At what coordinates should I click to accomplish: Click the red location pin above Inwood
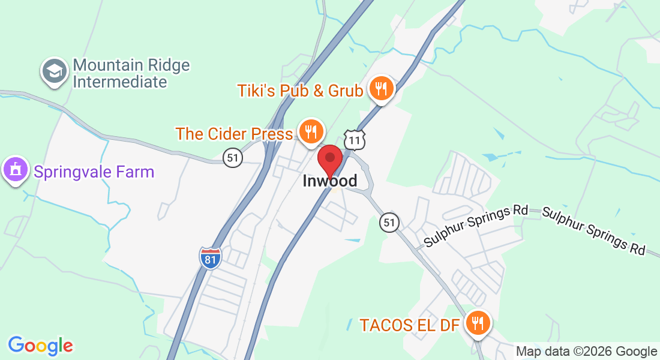[x=329, y=159]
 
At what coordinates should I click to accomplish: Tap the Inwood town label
[x=329, y=181]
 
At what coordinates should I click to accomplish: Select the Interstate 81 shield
[x=210, y=257]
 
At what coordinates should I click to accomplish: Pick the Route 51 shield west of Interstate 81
[x=233, y=158]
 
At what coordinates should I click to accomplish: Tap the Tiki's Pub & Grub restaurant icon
[x=380, y=89]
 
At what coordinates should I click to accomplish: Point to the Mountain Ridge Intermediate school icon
[x=55, y=72]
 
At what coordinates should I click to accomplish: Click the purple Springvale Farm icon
[x=16, y=170]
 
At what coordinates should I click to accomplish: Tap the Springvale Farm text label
[x=94, y=172]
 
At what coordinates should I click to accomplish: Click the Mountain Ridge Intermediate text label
[x=131, y=73]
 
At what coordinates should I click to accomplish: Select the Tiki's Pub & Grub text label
[x=300, y=91]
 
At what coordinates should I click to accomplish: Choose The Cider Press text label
[x=234, y=133]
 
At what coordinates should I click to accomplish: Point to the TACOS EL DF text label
[x=410, y=325]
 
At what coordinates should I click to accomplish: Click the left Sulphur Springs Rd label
[x=476, y=226]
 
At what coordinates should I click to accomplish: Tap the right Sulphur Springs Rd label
[x=593, y=230]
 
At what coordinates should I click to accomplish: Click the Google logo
[x=40, y=345]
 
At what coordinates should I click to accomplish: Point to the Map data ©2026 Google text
[x=587, y=352]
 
